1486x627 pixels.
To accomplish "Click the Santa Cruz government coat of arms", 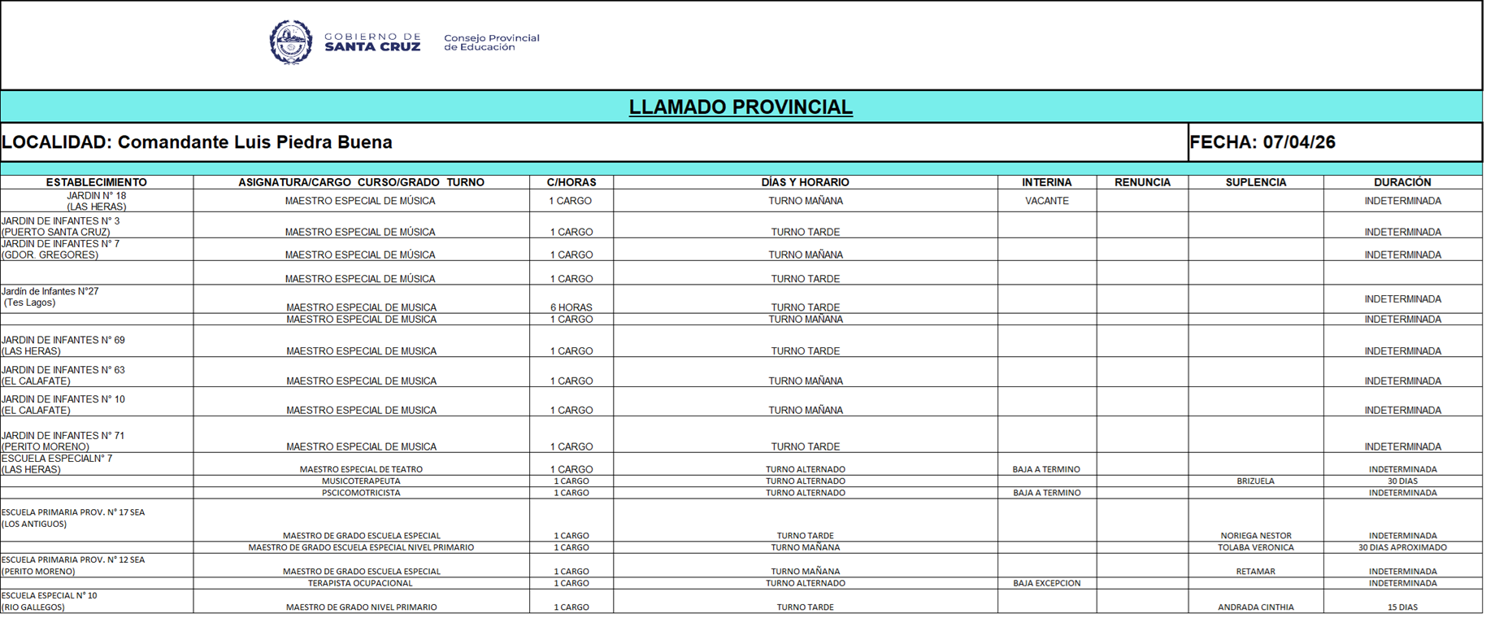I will coord(290,42).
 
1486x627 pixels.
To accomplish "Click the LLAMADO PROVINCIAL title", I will coord(741,107).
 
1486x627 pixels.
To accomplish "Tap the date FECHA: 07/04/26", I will coord(1262,142).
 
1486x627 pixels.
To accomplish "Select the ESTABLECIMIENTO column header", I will coord(96,182).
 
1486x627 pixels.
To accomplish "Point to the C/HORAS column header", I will coord(571,182).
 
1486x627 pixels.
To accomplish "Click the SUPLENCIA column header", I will coord(1255,182).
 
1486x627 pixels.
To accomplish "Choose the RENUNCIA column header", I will coord(1141,182).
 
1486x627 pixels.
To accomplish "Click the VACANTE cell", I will coord(1046,201).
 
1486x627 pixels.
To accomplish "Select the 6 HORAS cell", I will coord(571,307).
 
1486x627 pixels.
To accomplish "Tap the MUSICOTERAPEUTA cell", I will coord(361,481).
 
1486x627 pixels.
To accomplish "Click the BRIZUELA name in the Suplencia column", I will coord(1255,481).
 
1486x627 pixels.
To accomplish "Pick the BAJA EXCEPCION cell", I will coord(1046,583).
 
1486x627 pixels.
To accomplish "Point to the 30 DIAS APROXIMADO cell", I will coord(1402,547).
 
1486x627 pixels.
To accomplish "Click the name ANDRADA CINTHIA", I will coord(1255,607).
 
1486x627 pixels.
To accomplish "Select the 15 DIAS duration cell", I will coord(1402,607).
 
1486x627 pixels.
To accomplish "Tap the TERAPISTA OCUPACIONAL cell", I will coord(360,583).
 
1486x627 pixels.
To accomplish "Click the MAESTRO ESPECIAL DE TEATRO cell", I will coord(361,469).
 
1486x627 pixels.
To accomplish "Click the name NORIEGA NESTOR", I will coord(1255,536).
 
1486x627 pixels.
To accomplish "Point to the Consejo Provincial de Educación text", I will coord(491,42).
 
